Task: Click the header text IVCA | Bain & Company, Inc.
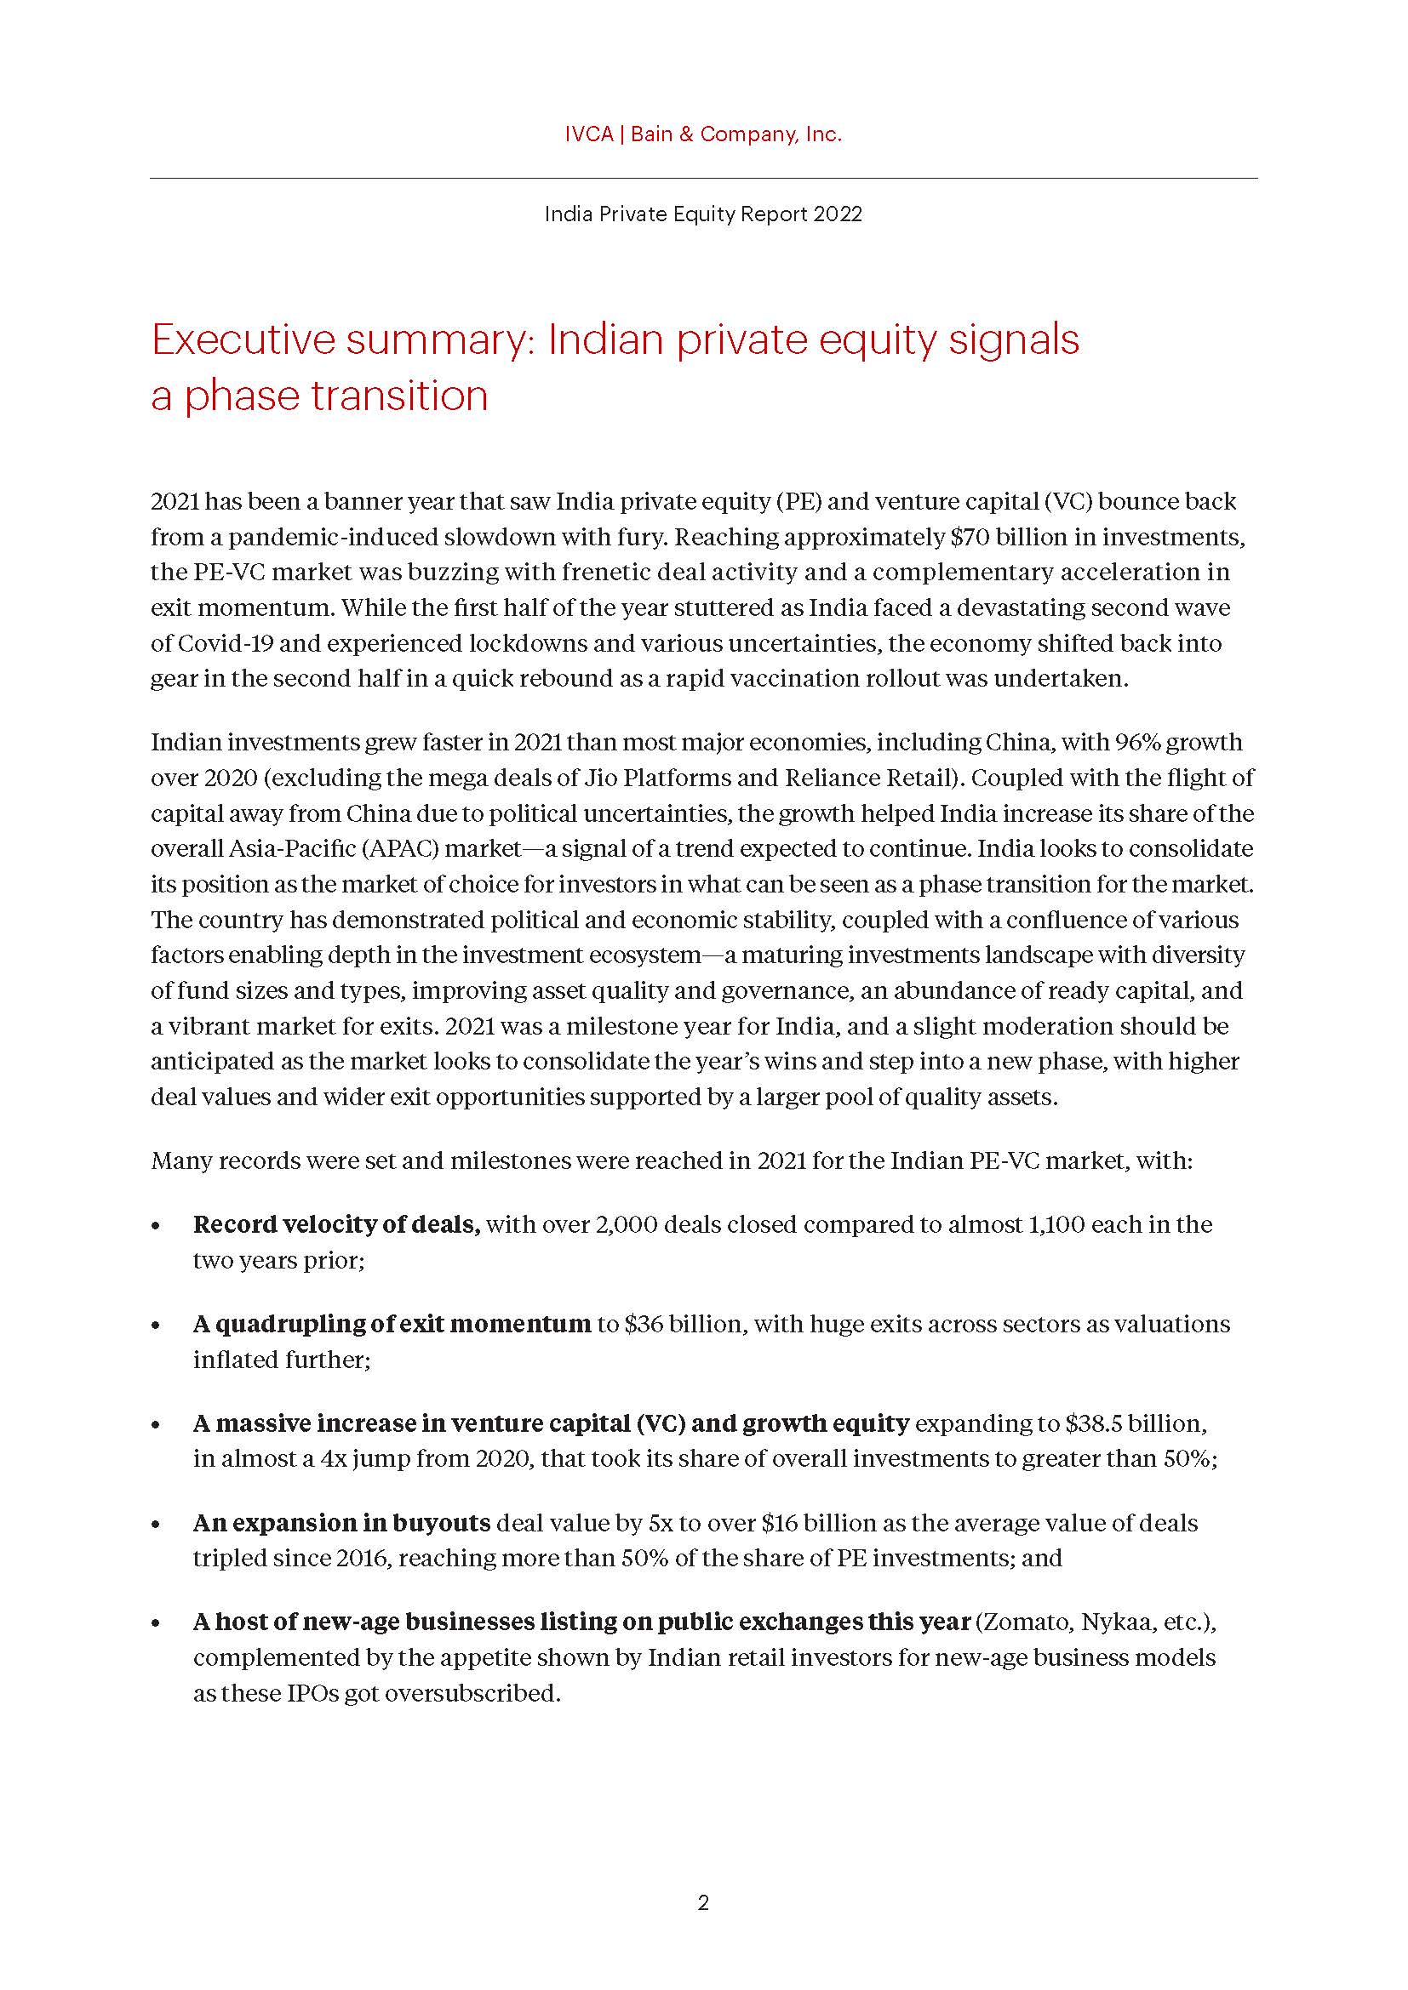(x=703, y=134)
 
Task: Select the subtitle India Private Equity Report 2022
(x=703, y=214)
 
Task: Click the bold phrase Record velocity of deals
(x=336, y=1224)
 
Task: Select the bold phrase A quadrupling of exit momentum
(x=392, y=1325)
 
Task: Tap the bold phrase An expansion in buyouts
(x=341, y=1523)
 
